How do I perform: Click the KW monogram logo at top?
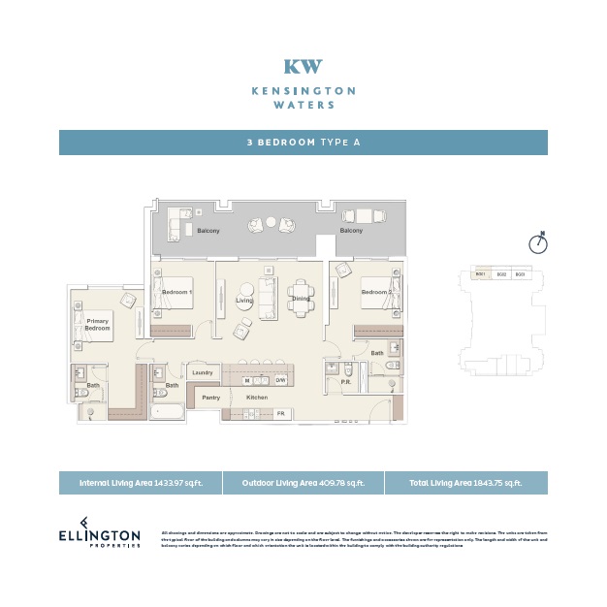(303, 67)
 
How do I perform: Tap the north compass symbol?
(538, 242)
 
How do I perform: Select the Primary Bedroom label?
(97, 325)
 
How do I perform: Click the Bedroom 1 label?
(176, 292)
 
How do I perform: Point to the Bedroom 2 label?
(376, 292)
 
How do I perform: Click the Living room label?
(244, 301)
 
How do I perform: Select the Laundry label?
(203, 372)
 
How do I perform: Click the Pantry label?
(210, 398)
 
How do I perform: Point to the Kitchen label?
(256, 398)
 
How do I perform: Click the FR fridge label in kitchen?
(281, 414)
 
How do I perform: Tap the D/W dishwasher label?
(280, 381)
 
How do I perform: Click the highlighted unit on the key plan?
(480, 274)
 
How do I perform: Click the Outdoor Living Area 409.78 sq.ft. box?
(303, 483)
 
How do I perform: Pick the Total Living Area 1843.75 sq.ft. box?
(466, 483)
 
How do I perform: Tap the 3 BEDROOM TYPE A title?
(303, 143)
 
